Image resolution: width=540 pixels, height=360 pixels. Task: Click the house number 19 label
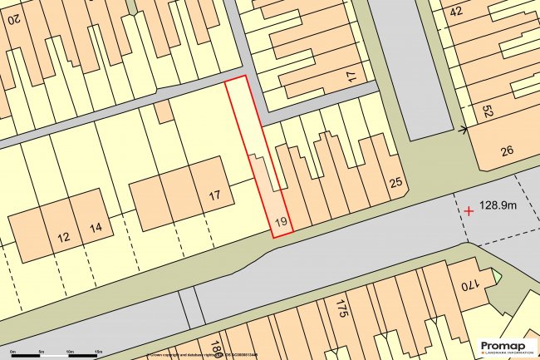(280, 222)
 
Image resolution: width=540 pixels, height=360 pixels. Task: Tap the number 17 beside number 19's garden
(214, 196)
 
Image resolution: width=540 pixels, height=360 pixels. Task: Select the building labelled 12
(64, 237)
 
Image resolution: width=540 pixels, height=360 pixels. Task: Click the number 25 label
(395, 183)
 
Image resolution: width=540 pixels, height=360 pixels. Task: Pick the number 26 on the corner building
(508, 150)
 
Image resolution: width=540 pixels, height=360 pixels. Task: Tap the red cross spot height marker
(469, 211)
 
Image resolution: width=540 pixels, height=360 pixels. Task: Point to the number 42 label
(455, 12)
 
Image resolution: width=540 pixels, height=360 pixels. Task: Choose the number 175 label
(340, 312)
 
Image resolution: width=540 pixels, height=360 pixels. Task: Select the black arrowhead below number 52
(462, 129)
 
